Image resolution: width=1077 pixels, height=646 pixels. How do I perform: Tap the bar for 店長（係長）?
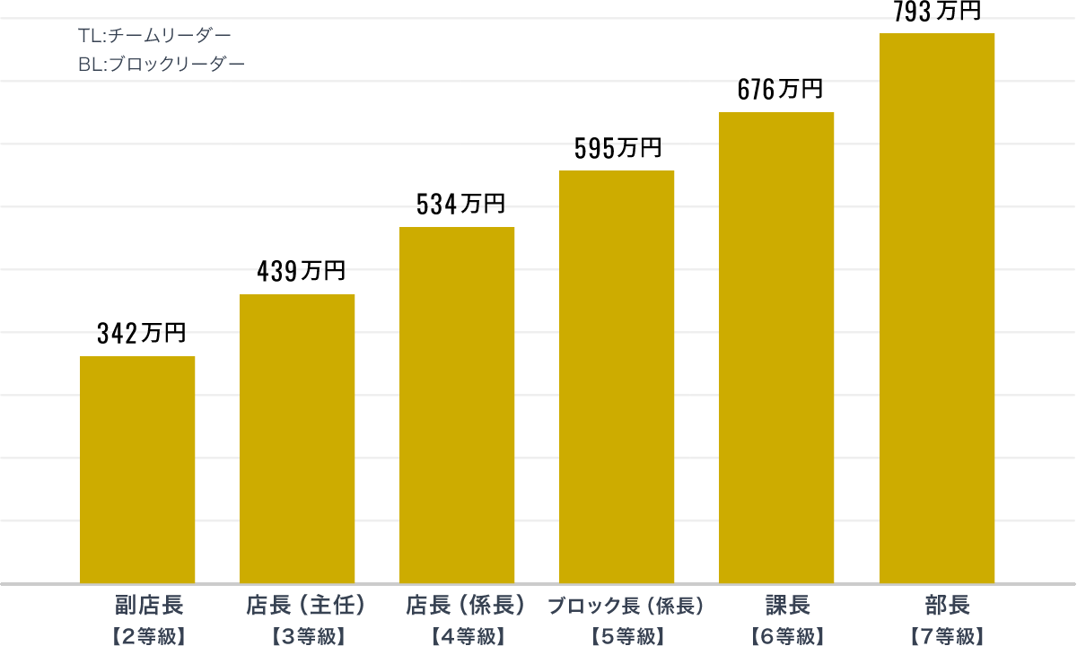(x=457, y=405)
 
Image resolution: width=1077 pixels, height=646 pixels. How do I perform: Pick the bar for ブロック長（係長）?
(x=617, y=377)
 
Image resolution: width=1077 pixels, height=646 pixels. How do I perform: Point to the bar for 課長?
(x=776, y=347)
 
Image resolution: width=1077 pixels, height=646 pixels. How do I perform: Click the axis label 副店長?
(x=149, y=605)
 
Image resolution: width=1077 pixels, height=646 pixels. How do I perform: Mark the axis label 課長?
(x=788, y=605)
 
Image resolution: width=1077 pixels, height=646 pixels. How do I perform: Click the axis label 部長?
(x=948, y=605)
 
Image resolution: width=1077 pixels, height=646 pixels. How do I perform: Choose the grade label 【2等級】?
(x=149, y=636)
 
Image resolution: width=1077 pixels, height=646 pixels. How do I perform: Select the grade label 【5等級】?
(x=628, y=636)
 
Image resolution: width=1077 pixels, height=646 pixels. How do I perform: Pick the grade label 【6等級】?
(x=788, y=636)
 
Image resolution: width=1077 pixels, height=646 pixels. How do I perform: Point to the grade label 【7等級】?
(x=948, y=636)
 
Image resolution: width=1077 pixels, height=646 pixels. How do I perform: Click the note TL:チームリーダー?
(x=154, y=35)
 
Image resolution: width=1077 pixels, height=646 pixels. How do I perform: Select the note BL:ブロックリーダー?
(x=162, y=64)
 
